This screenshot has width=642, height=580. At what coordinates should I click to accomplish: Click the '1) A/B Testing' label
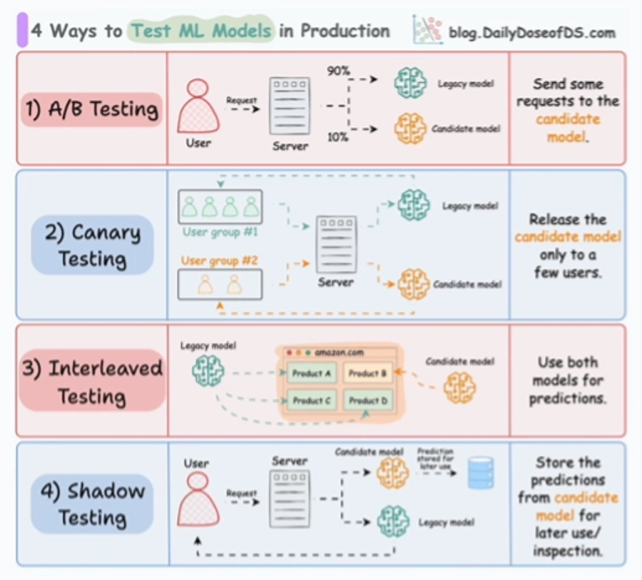tap(90, 109)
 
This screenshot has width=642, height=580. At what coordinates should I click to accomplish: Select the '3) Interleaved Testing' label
tap(92, 381)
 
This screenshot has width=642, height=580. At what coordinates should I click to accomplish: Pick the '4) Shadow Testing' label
tap(92, 504)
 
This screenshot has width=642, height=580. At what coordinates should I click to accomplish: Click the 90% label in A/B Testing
tap(337, 71)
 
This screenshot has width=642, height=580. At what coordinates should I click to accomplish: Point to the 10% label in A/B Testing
tap(337, 136)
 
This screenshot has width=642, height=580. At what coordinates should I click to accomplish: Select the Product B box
tap(367, 373)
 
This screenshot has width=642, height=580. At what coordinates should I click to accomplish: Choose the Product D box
tap(367, 401)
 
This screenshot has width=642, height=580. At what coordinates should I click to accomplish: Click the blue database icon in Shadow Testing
tap(480, 474)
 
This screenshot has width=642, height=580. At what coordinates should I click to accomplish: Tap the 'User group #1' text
tap(220, 232)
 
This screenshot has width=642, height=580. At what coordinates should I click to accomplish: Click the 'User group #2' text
tap(220, 260)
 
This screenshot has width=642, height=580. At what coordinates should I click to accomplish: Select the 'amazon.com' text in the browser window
tap(340, 352)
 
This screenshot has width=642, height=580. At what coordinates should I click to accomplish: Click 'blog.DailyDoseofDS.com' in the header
tap(531, 33)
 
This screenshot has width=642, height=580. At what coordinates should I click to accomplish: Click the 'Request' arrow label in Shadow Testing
tap(241, 493)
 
